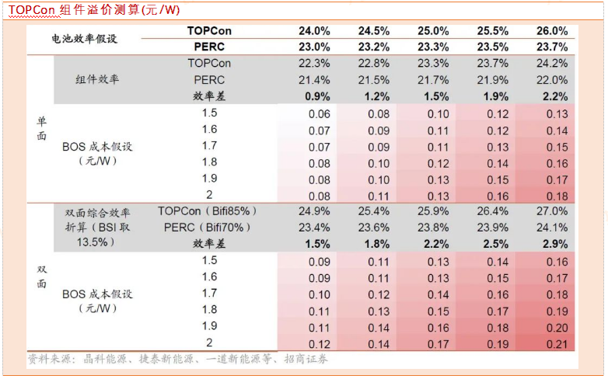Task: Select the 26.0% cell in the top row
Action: point(552,30)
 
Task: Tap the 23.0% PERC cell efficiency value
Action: point(314,47)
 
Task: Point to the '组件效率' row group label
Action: point(98,79)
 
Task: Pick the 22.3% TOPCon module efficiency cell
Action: point(314,63)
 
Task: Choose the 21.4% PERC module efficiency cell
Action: point(314,80)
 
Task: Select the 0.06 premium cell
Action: point(319,113)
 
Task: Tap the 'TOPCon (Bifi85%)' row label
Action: point(208,210)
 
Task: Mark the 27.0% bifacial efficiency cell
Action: point(552,210)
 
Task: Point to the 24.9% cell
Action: point(314,210)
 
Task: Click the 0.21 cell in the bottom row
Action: point(557,342)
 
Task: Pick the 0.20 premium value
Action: point(557,326)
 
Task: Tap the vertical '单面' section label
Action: point(41,129)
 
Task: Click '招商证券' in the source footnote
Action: point(306,359)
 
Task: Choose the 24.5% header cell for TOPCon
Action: point(373,30)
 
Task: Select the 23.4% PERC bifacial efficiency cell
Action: point(314,227)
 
